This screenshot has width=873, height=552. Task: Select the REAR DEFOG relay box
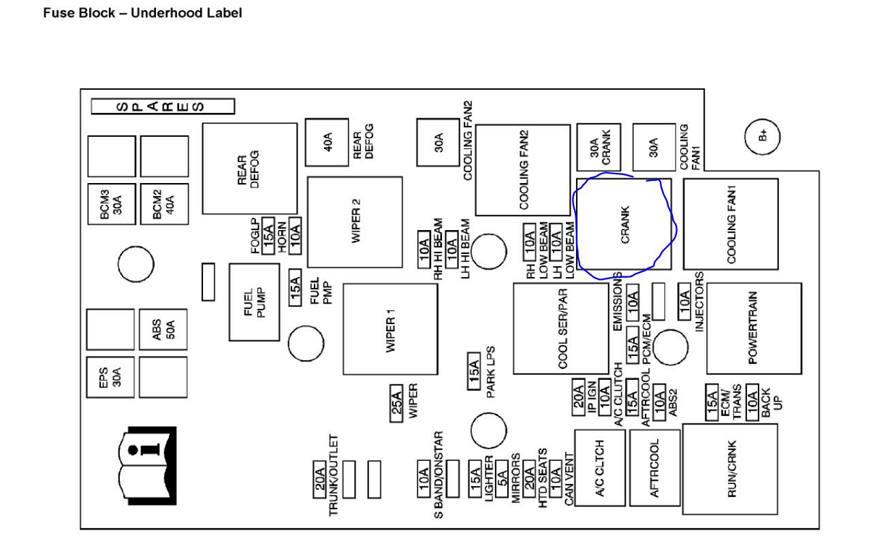(249, 167)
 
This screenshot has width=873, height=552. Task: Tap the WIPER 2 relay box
(355, 222)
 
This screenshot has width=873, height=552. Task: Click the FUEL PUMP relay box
(254, 302)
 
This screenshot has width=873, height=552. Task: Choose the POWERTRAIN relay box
(753, 328)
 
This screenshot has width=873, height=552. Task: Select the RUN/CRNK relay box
(731, 468)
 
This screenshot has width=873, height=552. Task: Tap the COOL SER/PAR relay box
(560, 329)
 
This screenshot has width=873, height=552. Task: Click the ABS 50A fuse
(163, 329)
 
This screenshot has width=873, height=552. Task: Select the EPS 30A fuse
(110, 376)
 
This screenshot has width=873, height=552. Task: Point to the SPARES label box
(163, 106)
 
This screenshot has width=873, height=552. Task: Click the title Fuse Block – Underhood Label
(142, 13)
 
